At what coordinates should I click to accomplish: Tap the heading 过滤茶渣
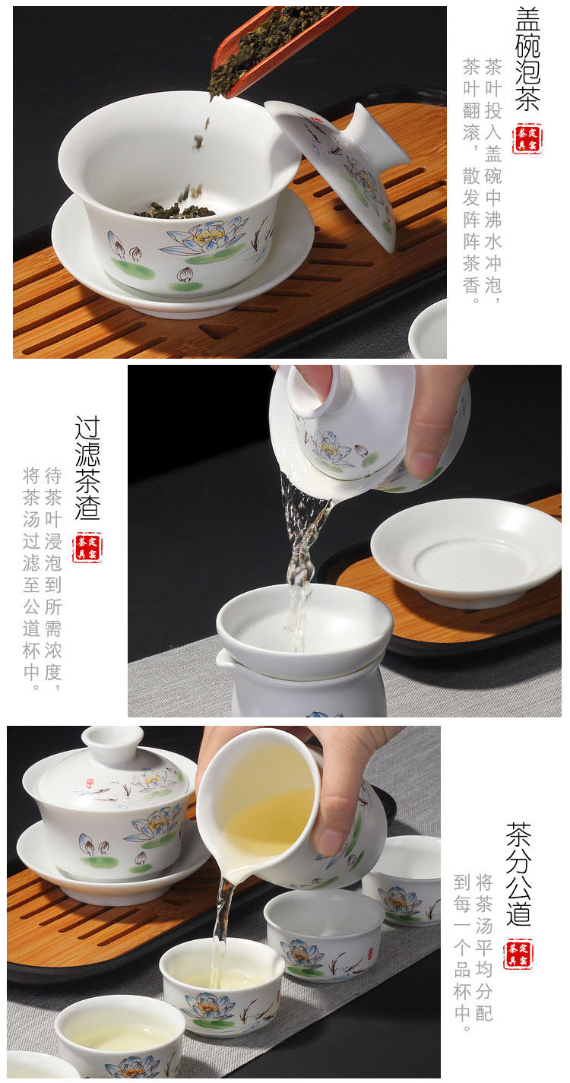87,467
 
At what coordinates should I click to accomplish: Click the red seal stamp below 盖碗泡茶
527,138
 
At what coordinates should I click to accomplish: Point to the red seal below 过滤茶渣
87,548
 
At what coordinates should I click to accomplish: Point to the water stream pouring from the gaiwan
302,561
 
